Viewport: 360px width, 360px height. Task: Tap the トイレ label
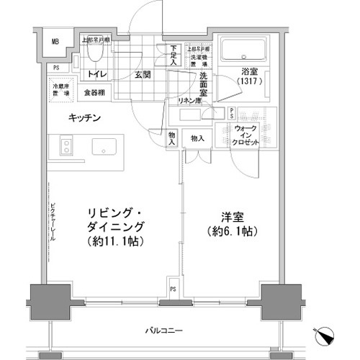[98, 74]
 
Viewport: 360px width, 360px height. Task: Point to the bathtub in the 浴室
[246, 50]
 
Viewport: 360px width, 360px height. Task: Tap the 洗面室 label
[204, 84]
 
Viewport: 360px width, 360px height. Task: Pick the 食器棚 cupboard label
[94, 92]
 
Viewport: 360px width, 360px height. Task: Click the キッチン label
[84, 117]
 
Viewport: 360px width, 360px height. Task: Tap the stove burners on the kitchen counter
[66, 146]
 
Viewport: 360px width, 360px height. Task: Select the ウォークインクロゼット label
[247, 135]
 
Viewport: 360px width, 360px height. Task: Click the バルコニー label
[168, 330]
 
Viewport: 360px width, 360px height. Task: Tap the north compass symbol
[325, 336]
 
